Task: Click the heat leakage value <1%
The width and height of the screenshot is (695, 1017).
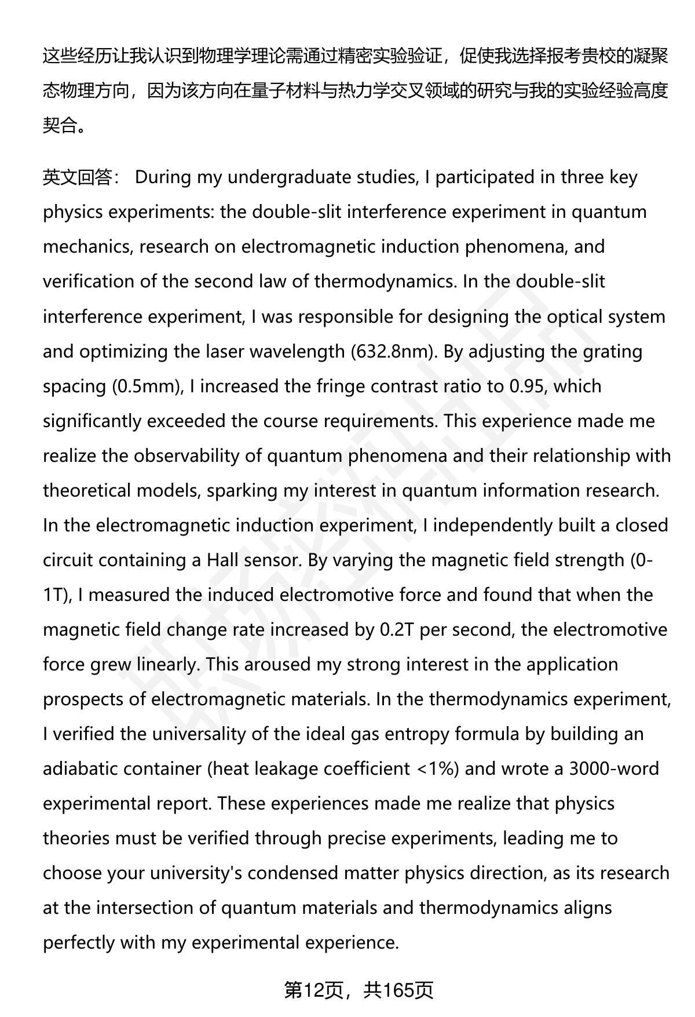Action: (437, 769)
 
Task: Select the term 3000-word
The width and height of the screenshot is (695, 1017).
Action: (614, 769)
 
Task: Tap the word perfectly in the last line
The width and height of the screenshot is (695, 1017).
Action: (79, 943)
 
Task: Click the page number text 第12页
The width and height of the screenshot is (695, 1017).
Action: (313, 991)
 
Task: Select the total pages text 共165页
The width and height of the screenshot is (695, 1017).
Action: (398, 991)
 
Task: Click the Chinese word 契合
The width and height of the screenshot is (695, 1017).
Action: (60, 125)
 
